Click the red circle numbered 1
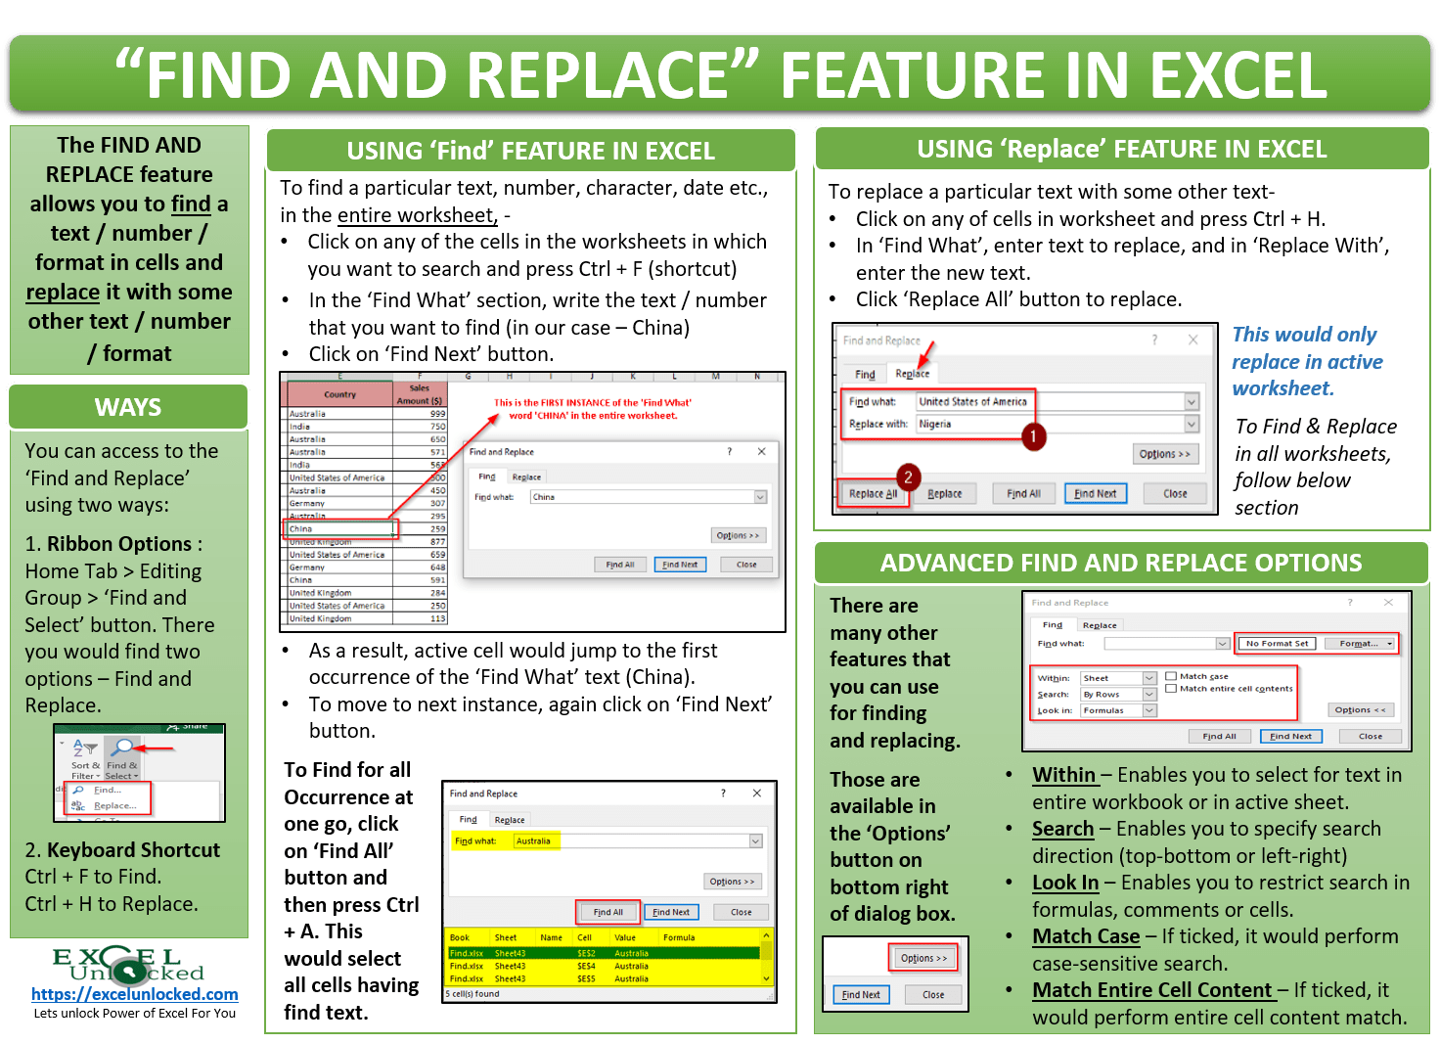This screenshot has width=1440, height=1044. click(x=1033, y=436)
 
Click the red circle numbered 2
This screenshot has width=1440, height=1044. click(x=908, y=477)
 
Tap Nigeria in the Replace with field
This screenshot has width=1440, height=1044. click(x=935, y=425)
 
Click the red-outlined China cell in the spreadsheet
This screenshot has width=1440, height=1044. click(x=342, y=529)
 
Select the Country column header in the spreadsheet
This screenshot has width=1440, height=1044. click(x=339, y=394)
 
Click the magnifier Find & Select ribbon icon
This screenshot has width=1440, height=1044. click(x=123, y=749)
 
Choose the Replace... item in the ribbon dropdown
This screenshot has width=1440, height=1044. click(x=113, y=805)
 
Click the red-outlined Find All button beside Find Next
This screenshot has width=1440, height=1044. click(x=607, y=912)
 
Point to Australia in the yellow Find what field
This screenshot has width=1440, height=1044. click(x=533, y=840)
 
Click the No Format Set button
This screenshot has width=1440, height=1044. click(x=1277, y=644)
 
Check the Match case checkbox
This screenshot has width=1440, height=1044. click(x=1171, y=676)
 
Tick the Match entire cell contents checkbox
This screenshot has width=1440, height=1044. click(x=1171, y=688)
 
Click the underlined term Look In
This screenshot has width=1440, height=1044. click(x=1065, y=883)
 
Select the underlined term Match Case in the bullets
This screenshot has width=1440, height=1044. click(x=1086, y=936)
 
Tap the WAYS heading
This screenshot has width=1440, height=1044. click(x=128, y=407)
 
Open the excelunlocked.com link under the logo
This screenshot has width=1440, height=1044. click(x=134, y=995)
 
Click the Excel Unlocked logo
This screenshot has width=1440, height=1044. click(x=128, y=965)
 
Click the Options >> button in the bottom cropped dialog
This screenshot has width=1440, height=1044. click(x=923, y=958)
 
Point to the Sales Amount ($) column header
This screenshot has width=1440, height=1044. click(x=420, y=394)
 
